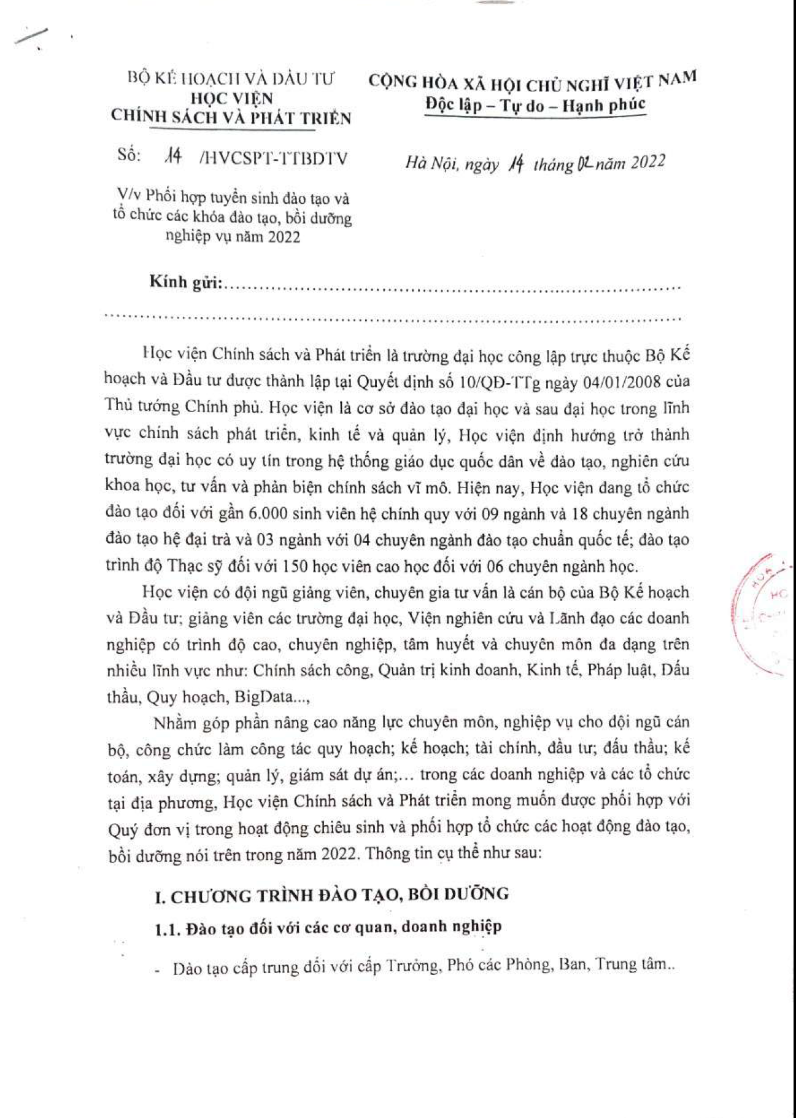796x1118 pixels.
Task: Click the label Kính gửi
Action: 185,282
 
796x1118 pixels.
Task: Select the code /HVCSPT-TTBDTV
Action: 274,158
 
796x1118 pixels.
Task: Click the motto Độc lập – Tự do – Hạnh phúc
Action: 535,105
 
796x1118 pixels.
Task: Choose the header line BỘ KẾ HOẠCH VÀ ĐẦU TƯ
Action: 231,79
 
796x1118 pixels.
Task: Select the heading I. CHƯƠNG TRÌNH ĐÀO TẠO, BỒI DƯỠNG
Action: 332,895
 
